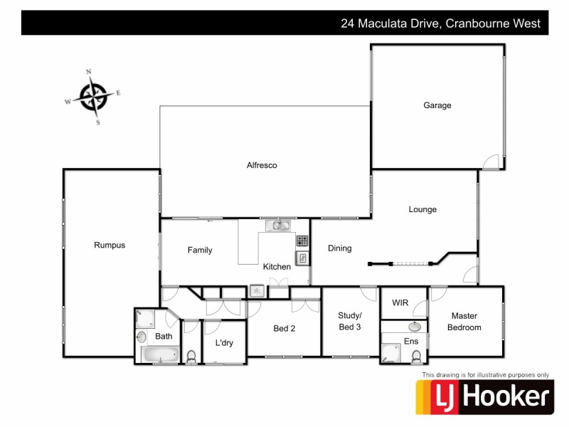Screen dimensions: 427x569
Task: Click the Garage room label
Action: point(437,105)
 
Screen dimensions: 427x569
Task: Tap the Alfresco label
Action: point(262,165)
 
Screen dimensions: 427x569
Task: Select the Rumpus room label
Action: point(110,246)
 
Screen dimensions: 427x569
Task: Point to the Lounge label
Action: point(422,209)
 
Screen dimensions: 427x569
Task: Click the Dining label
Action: point(339,248)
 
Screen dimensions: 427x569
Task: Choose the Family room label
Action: point(200,250)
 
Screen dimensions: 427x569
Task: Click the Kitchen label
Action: point(277,267)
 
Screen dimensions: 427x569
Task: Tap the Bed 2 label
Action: point(285,329)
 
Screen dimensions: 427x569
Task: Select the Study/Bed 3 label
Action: point(350,322)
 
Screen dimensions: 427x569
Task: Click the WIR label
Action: point(400,303)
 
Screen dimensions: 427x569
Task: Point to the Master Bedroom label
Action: point(464,322)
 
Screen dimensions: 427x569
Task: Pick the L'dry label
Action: point(224,343)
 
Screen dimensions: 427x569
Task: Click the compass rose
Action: point(93,96)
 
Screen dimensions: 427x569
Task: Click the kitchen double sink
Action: point(278,226)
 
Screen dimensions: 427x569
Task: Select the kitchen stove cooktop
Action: point(302,241)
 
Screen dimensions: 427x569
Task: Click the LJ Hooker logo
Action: point(484,396)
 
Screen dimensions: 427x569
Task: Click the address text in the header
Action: point(440,23)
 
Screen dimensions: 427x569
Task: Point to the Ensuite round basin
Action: point(415,327)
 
